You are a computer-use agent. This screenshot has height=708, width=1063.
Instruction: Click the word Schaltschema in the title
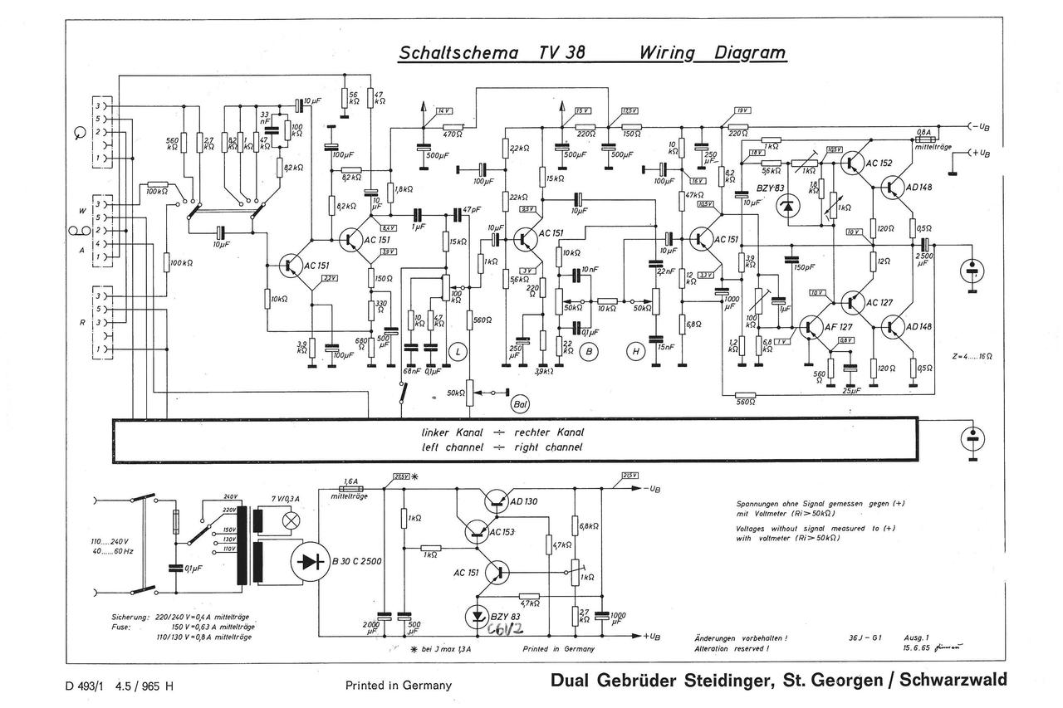458,53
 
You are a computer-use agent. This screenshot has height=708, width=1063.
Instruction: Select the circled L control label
458,352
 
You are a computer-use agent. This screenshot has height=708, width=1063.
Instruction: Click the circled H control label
636,352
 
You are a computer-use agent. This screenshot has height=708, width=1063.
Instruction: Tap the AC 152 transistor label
877,164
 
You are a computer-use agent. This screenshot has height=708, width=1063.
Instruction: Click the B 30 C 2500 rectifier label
356,562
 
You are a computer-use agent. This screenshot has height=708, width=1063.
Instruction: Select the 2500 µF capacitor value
924,259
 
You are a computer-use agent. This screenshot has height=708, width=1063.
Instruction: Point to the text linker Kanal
452,432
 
